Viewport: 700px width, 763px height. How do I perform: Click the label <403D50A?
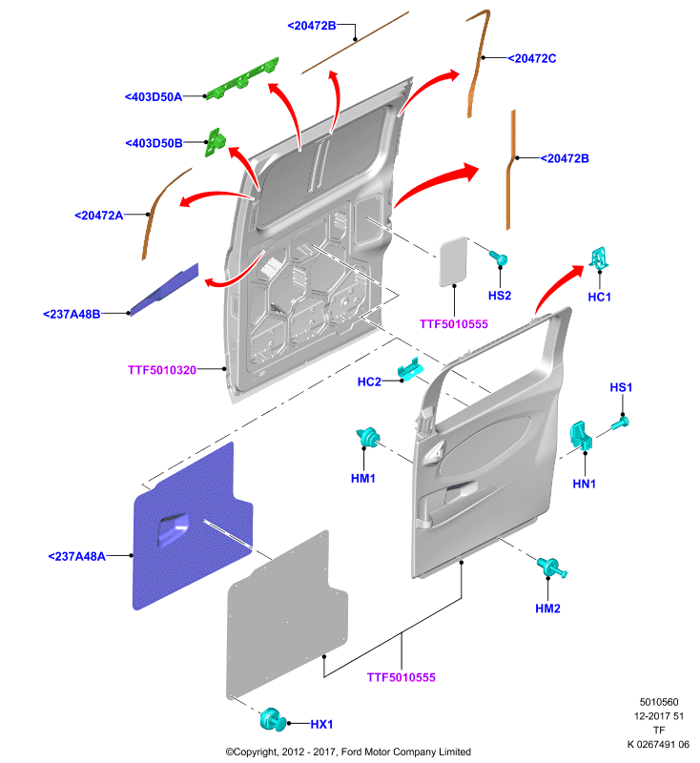(x=154, y=97)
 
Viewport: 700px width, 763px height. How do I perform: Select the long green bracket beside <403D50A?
(x=243, y=79)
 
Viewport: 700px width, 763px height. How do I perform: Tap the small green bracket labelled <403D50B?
(x=215, y=141)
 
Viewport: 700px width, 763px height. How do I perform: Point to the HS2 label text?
(x=500, y=296)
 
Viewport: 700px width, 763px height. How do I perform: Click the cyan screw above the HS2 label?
(x=499, y=258)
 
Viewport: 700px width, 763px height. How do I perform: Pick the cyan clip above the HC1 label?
(x=599, y=258)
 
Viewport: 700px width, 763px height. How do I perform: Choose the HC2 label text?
(x=369, y=381)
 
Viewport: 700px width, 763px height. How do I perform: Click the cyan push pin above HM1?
(x=368, y=437)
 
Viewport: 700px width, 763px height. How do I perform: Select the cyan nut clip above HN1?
(x=581, y=435)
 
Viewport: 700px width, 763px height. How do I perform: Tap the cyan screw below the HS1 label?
(x=620, y=423)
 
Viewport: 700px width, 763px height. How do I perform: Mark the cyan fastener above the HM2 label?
(x=551, y=567)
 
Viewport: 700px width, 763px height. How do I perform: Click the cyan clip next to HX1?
(x=274, y=720)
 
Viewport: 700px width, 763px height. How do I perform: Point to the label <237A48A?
(x=77, y=556)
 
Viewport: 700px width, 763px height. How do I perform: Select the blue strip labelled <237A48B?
(x=164, y=289)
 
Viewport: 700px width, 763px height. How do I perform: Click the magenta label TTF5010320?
(x=162, y=370)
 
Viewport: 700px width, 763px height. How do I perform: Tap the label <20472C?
(x=532, y=58)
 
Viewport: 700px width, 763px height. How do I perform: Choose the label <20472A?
(x=99, y=216)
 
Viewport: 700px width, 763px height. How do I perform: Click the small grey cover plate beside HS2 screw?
(x=453, y=261)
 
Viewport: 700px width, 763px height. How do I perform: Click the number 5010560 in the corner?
(x=659, y=702)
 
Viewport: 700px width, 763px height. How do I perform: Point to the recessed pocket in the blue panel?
(x=173, y=529)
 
